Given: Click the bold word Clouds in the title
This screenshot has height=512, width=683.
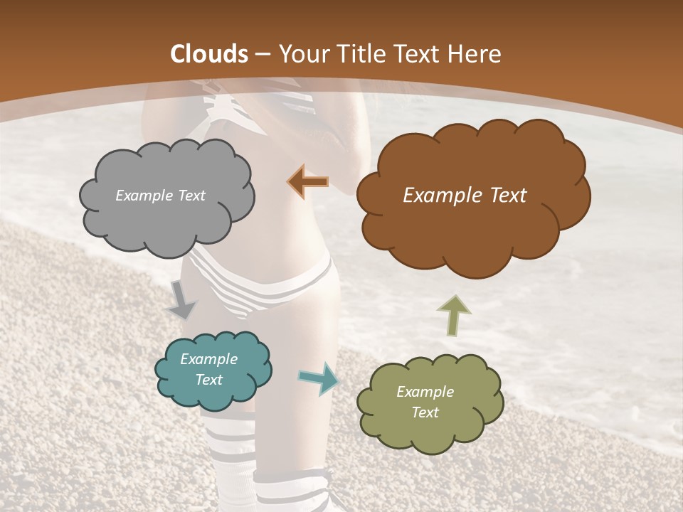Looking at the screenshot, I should pos(209,54).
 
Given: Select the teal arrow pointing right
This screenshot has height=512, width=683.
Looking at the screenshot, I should pos(319,378).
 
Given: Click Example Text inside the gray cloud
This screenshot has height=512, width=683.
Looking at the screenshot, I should pos(160,196).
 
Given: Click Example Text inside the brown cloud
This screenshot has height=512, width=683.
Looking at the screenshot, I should pos(465,196).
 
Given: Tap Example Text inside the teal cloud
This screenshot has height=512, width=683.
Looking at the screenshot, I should pos(208,369).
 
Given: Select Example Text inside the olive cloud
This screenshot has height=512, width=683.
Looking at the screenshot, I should pos(425,402).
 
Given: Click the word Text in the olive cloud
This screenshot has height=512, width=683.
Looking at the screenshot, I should pos(425,412).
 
